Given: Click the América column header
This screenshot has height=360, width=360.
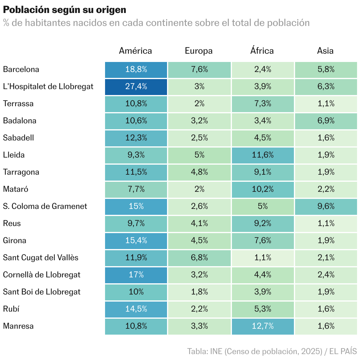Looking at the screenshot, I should [x=135, y=51].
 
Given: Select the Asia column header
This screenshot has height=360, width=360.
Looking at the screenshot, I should [x=325, y=51].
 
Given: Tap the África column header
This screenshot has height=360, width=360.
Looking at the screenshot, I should [x=262, y=51].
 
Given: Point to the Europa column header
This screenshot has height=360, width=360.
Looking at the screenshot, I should [x=199, y=51].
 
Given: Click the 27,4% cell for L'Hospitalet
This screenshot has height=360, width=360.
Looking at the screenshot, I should [x=136, y=87].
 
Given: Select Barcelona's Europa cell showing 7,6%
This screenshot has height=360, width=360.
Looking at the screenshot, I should [x=199, y=70].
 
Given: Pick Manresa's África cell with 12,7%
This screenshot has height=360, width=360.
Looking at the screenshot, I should [x=263, y=326].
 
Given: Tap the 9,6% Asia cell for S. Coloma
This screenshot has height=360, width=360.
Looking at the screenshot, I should [x=326, y=207].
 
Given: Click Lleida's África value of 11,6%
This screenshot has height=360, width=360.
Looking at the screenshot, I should [x=263, y=155].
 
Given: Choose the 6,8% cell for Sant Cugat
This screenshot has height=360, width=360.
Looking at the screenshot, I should [x=199, y=258].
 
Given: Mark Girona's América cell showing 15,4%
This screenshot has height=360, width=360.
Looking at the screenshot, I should [x=136, y=241].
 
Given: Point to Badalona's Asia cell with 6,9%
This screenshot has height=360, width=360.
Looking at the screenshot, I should [x=326, y=121].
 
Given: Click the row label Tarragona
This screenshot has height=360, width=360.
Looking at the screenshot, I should [x=21, y=172].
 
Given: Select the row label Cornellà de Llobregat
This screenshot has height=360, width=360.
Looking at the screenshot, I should [x=42, y=275].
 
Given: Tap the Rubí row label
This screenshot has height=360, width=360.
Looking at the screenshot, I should [x=11, y=309].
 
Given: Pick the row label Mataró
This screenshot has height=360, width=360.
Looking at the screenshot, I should [x=16, y=189].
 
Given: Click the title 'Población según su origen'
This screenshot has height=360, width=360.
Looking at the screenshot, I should [x=65, y=10].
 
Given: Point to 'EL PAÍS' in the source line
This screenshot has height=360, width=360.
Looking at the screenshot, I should [x=343, y=351].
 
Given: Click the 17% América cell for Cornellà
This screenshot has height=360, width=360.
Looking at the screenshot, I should [x=136, y=275].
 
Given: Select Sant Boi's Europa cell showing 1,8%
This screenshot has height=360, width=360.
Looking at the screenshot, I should [x=199, y=292].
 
